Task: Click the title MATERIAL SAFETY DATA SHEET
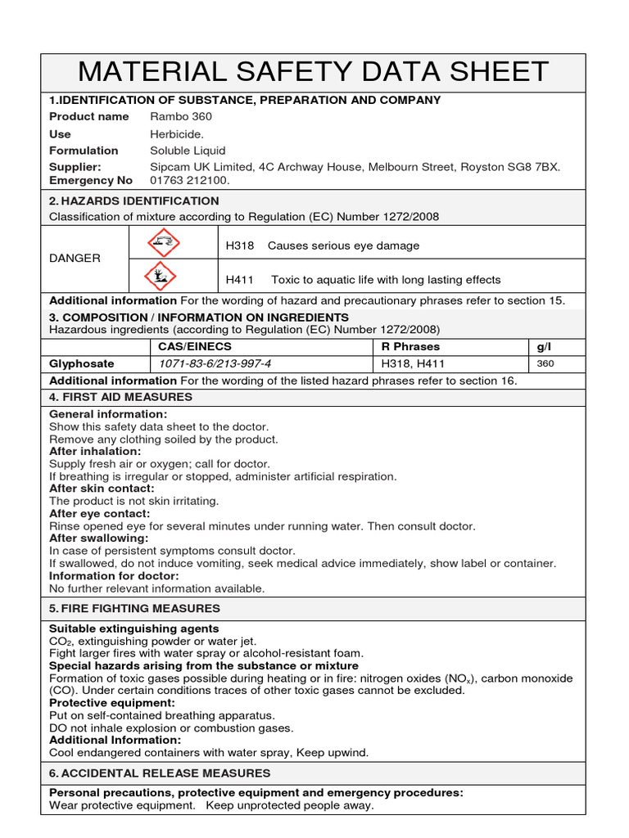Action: point(314,72)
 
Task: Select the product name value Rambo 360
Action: point(180,116)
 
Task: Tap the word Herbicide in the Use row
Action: point(177,133)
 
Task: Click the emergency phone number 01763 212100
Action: point(190,180)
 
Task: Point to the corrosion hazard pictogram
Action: point(161,242)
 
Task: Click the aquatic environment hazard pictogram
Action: point(161,277)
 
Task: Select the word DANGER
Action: point(75,258)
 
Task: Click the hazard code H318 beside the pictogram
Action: point(240,246)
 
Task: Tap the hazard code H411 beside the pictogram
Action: point(240,279)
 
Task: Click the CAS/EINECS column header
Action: point(190,346)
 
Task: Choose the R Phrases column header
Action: point(410,346)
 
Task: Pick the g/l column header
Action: point(545,346)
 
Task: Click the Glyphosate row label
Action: point(82,363)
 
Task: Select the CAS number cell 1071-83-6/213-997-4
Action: point(215,363)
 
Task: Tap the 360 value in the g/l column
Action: point(546,363)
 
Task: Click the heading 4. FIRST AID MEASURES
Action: point(121,397)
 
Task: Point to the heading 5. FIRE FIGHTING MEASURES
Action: point(135,608)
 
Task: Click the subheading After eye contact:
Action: point(100,513)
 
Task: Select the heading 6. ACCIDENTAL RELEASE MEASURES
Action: point(160,773)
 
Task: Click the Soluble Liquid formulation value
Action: point(188,151)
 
